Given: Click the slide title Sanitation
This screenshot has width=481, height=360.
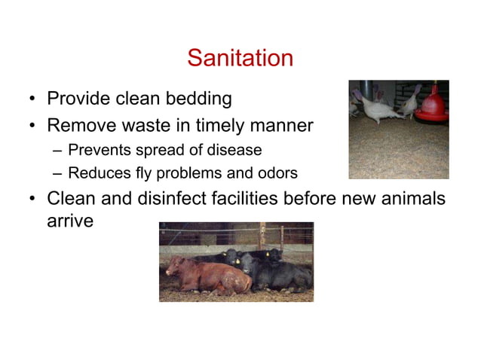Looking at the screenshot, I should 240,58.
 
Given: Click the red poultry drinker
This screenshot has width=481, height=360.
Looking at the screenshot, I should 433,106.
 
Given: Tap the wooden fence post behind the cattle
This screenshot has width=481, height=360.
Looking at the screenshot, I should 262,235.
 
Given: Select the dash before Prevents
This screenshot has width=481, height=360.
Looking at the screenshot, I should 57,151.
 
